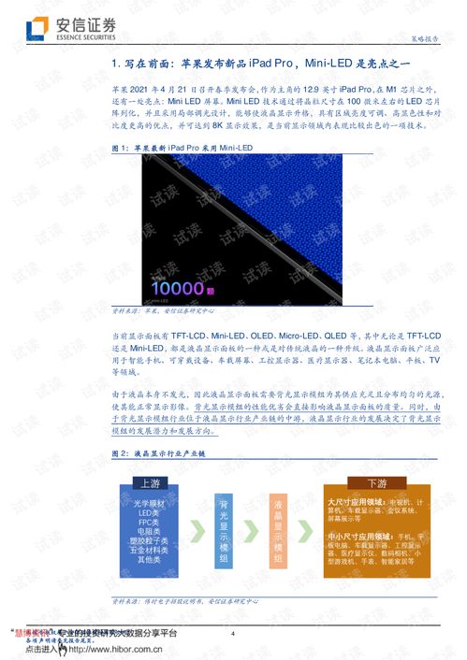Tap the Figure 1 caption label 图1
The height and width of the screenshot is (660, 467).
coord(120,148)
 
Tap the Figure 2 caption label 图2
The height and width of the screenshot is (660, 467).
coord(120,452)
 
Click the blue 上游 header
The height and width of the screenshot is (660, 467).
coord(150,483)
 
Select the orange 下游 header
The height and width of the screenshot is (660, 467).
coord(375,483)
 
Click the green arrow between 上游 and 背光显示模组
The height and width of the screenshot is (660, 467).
coord(197,529)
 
